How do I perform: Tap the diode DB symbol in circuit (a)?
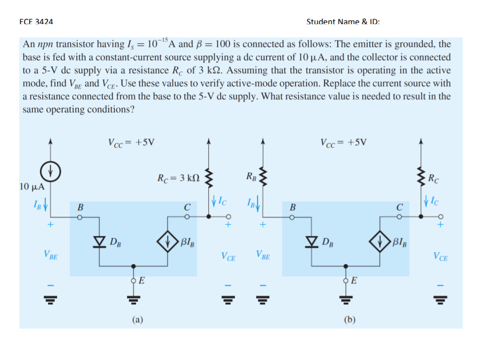[x=102, y=241]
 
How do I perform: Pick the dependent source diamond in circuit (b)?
[x=382, y=241]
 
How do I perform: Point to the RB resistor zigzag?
[x=263, y=176]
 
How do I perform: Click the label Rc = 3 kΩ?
[x=178, y=178]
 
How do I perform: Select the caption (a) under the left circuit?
[x=137, y=320]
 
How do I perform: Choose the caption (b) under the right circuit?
[x=350, y=320]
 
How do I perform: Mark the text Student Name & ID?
[x=343, y=22]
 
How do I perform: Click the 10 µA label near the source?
[x=32, y=187]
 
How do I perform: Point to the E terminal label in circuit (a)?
[x=141, y=281]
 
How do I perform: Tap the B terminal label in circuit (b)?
[x=291, y=207]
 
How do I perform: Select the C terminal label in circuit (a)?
[x=187, y=207]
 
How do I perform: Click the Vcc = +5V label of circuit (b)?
[x=343, y=143]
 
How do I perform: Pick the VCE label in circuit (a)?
[x=228, y=256]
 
